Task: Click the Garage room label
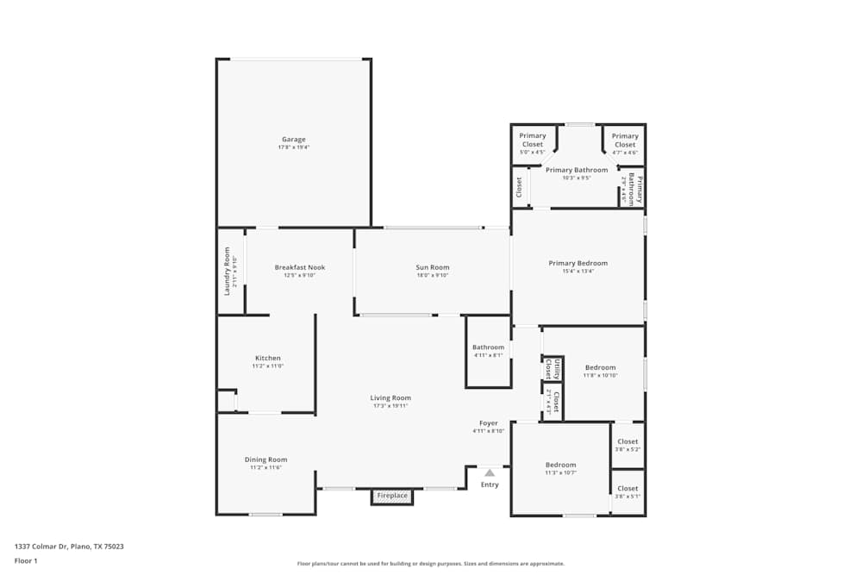point(293,140)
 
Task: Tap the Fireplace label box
point(392,496)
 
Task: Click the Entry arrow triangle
point(490,472)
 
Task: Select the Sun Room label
point(433,267)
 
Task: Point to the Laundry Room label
point(228,271)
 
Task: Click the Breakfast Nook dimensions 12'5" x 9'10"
point(300,275)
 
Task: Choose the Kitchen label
point(267,358)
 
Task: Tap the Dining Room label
point(265,459)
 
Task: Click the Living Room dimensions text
point(390,405)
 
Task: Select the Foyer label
point(489,423)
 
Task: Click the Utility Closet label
point(552,369)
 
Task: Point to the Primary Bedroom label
point(578,263)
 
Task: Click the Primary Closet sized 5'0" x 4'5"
point(533,140)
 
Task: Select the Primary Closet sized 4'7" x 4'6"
point(625,140)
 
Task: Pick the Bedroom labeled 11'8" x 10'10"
point(600,367)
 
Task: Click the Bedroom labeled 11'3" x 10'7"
point(560,465)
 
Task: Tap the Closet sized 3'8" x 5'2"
point(628,441)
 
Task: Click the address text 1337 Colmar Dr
point(69,546)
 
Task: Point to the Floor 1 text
point(26,560)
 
